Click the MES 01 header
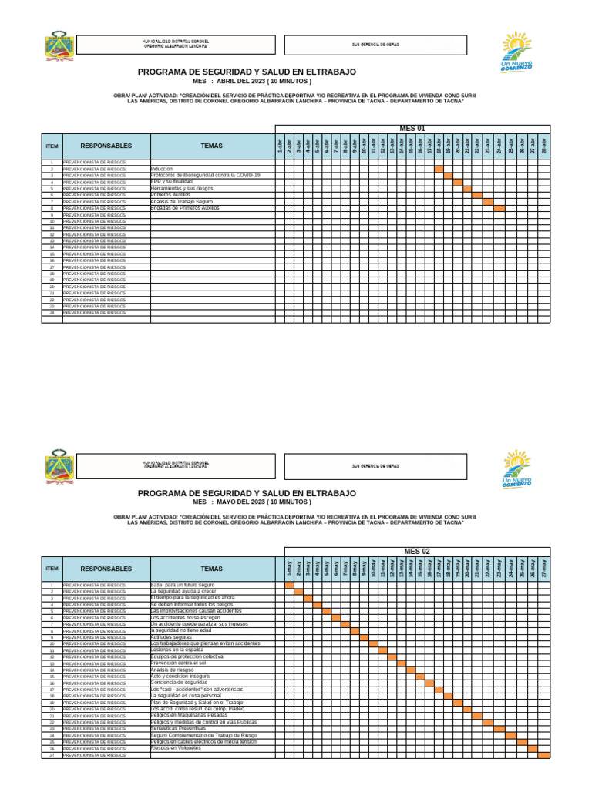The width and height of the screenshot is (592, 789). pyautogui.click(x=412, y=128)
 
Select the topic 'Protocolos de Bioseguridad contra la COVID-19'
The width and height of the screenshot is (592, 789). pyautogui.click(x=205, y=175)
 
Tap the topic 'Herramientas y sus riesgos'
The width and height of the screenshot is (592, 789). pyautogui.click(x=183, y=188)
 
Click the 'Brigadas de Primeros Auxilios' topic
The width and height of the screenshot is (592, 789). pyautogui.click(x=185, y=208)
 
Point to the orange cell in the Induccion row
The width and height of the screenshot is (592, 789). pyautogui.click(x=439, y=169)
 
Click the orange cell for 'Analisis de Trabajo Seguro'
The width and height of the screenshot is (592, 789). pyautogui.click(x=487, y=201)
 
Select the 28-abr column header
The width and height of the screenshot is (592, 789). pyautogui.click(x=544, y=144)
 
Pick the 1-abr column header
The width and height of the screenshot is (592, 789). pyautogui.click(x=280, y=144)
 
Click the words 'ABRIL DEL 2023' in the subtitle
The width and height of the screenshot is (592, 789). pyautogui.click(x=241, y=81)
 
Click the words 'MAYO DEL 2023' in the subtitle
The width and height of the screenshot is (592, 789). pyautogui.click(x=241, y=502)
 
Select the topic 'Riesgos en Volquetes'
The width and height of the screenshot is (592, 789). pyautogui.click(x=176, y=747)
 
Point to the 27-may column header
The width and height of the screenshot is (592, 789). pyautogui.click(x=544, y=568)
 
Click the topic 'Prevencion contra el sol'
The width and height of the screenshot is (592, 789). pyautogui.click(x=179, y=663)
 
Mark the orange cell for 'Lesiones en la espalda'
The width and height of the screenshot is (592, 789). pyautogui.click(x=383, y=650)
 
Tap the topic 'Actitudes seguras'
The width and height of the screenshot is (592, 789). pyautogui.click(x=172, y=637)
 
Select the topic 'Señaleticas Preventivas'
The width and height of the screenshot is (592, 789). pyautogui.click(x=180, y=728)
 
